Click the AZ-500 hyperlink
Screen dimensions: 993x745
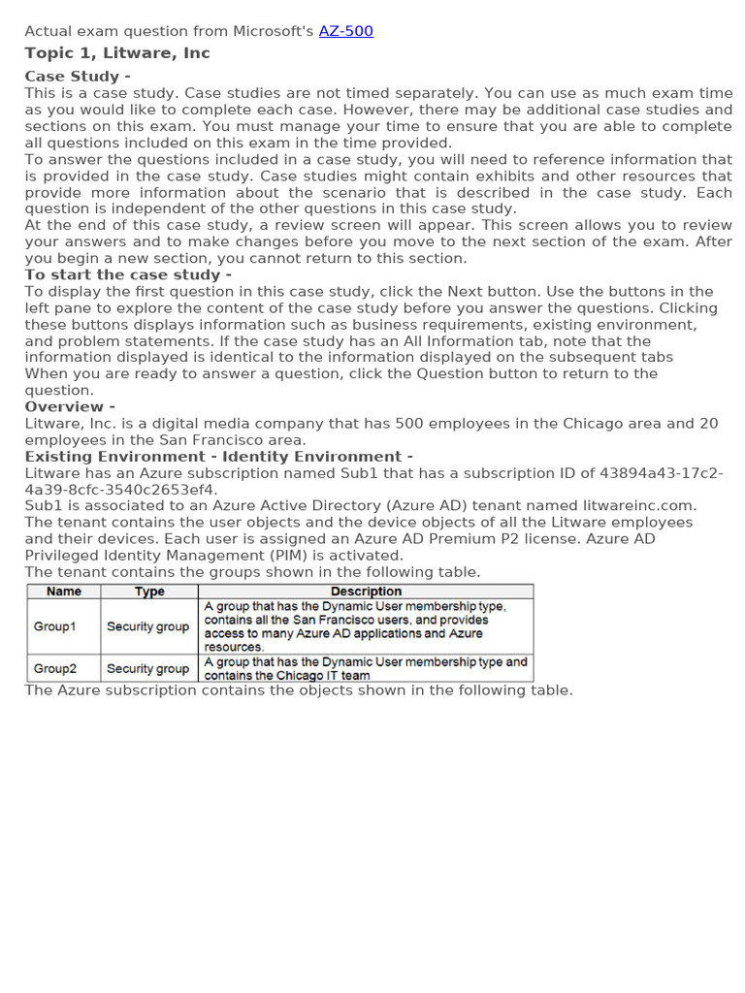(x=345, y=31)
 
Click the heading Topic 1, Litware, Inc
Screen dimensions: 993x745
(x=116, y=53)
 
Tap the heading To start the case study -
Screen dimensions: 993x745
(x=128, y=274)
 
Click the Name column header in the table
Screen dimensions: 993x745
(x=64, y=592)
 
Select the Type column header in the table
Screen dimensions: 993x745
(x=149, y=592)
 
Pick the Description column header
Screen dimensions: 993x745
(x=366, y=592)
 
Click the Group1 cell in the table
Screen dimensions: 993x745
(x=54, y=626)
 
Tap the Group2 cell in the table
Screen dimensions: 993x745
(x=54, y=668)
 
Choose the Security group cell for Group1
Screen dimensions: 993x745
(x=147, y=626)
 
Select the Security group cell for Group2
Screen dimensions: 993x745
(x=147, y=668)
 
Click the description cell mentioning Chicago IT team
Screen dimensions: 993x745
(x=366, y=668)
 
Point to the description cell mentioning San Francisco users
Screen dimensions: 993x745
(x=366, y=626)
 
